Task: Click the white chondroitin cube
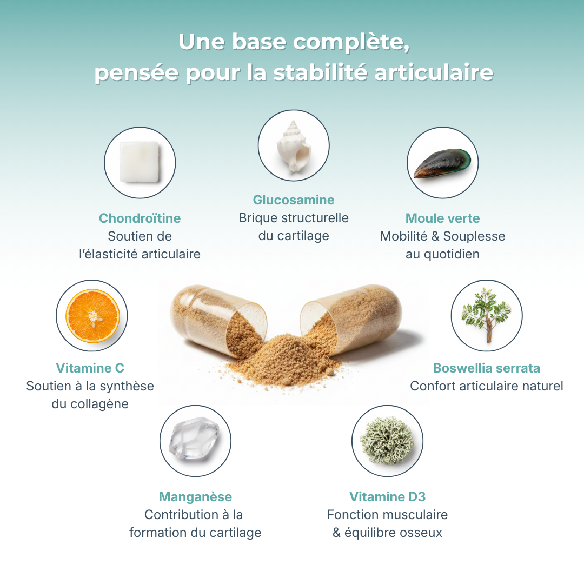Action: coord(140,162)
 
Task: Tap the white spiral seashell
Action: coord(294,146)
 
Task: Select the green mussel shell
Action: coord(442,163)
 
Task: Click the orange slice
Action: coord(93,316)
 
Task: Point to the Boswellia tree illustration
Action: coord(487,315)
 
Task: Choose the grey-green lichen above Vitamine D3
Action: coord(387,441)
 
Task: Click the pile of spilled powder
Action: coord(285,360)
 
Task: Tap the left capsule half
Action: coord(218,320)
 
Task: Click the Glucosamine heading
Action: coord(294,200)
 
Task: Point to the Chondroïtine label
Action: coord(140,218)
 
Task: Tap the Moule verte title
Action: coord(442,218)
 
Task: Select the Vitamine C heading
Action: coord(90,368)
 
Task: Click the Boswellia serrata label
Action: coord(487,368)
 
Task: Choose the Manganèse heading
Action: coord(195,497)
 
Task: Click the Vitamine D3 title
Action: coord(387,496)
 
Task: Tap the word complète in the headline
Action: coord(351,42)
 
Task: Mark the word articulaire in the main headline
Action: coord(434,72)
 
